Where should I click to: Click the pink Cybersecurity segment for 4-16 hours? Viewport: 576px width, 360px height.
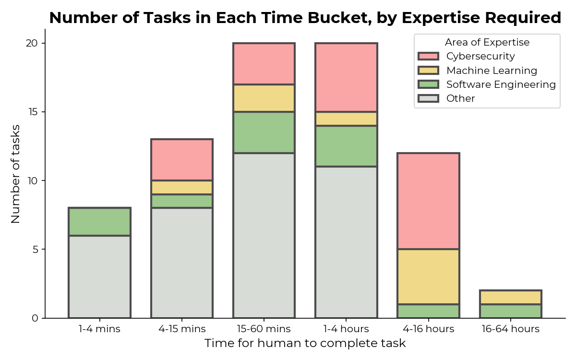pyautogui.click(x=428, y=201)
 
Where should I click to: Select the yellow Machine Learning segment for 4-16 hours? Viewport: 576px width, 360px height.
pyautogui.click(x=428, y=276)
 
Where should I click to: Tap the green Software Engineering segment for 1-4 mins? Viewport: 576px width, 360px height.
pyautogui.click(x=100, y=222)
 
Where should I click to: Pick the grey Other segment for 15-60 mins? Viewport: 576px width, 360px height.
pyautogui.click(x=264, y=235)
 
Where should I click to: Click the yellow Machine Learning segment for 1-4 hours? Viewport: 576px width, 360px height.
pyautogui.click(x=346, y=119)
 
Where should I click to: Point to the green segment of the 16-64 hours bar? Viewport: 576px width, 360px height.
pyautogui.click(x=510, y=311)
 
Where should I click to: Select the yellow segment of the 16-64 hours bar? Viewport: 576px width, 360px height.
pyautogui.click(x=510, y=297)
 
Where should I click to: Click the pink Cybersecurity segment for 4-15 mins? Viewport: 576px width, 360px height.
pyautogui.click(x=182, y=160)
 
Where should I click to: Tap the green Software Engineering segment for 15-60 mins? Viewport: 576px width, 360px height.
pyautogui.click(x=264, y=132)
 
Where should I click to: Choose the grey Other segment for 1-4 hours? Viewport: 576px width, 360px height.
pyautogui.click(x=346, y=242)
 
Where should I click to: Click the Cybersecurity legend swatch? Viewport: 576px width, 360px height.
pyautogui.click(x=428, y=57)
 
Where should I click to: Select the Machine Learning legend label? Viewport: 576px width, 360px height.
pyautogui.click(x=492, y=71)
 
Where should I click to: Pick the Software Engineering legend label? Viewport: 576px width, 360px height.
pyautogui.click(x=501, y=84)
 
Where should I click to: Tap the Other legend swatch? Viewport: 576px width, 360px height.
pyautogui.click(x=428, y=98)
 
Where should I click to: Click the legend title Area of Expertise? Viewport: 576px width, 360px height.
pyautogui.click(x=487, y=42)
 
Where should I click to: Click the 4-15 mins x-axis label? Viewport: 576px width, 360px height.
pyautogui.click(x=182, y=329)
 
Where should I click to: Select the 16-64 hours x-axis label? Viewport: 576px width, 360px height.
pyautogui.click(x=510, y=329)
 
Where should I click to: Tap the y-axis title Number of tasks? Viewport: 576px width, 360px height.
pyautogui.click(x=15, y=174)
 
